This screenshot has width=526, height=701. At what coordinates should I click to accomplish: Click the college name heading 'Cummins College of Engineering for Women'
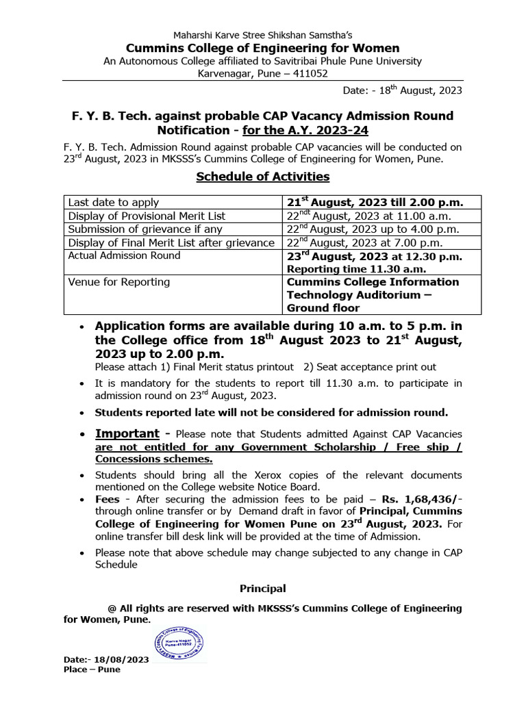(x=262, y=48)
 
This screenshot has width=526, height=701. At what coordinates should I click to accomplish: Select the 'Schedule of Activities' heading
(x=262, y=177)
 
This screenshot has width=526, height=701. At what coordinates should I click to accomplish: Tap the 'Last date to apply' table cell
(x=113, y=202)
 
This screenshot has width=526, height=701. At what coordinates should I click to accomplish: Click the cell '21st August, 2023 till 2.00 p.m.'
(x=373, y=202)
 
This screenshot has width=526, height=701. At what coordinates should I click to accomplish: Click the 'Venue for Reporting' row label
(x=118, y=282)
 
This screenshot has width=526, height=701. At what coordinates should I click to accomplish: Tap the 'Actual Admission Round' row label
(x=124, y=255)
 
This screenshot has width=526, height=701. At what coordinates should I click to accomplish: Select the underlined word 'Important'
(x=126, y=434)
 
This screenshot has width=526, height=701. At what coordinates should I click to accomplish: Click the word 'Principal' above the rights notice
(x=262, y=589)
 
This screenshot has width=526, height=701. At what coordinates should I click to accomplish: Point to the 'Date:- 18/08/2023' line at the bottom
(x=105, y=659)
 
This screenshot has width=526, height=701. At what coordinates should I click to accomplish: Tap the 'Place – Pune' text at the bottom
(x=91, y=670)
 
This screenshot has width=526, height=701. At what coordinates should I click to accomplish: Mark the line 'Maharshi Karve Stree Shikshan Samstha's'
(x=262, y=35)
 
